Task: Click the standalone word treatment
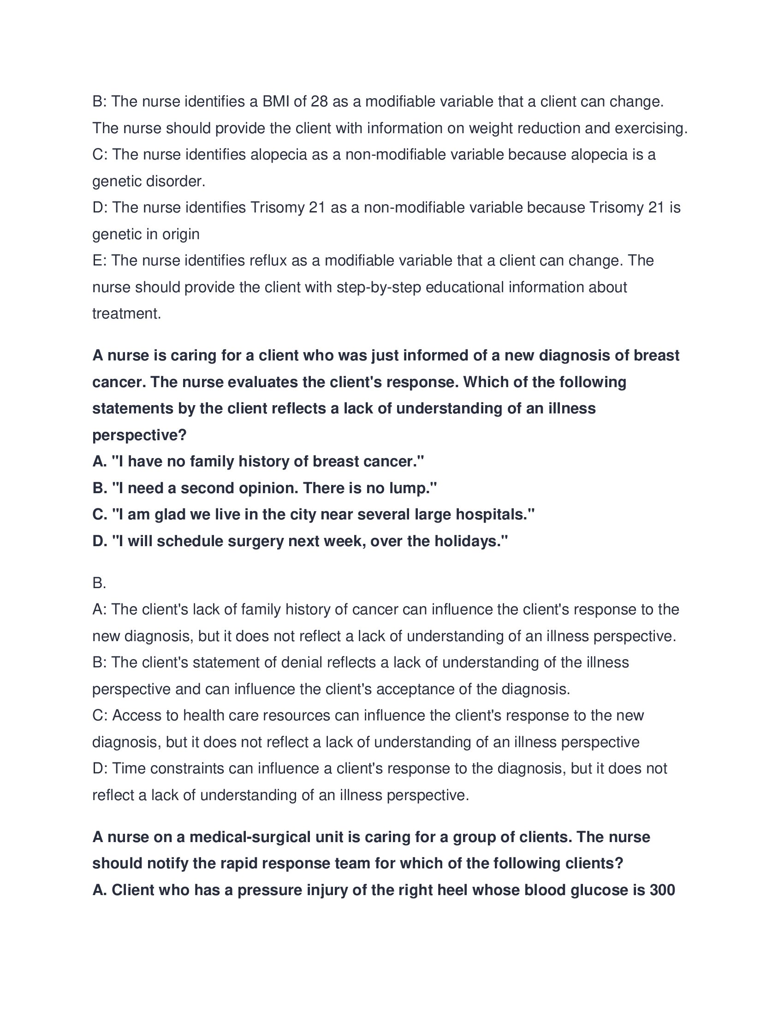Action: tap(126, 314)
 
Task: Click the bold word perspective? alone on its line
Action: tap(139, 435)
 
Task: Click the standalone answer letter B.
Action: tap(99, 583)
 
